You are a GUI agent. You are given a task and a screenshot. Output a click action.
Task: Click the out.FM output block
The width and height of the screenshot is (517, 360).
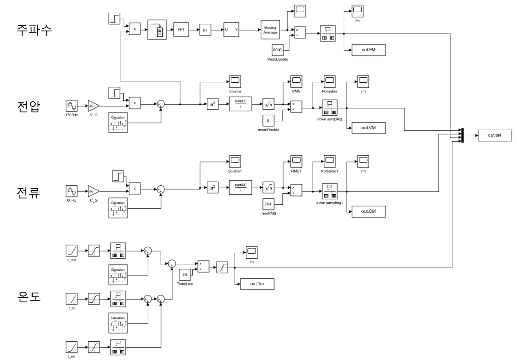[x=368, y=50]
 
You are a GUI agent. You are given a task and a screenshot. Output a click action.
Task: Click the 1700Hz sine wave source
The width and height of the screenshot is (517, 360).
[x=72, y=106]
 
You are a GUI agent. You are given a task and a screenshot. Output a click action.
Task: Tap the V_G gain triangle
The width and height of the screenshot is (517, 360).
[x=93, y=106]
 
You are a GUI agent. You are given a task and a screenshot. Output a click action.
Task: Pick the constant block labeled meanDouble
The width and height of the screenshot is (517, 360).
[x=268, y=120]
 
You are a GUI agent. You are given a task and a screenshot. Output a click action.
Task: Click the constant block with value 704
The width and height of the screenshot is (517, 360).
[x=268, y=204]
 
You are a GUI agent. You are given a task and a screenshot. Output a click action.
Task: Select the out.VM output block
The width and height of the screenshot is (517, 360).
[x=368, y=128]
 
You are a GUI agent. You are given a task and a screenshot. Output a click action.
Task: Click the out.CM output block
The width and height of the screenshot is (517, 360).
[x=368, y=211]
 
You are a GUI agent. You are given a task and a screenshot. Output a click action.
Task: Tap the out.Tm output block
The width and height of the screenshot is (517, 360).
[x=256, y=284]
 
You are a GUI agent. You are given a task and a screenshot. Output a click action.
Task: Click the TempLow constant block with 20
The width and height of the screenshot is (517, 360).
[x=185, y=274]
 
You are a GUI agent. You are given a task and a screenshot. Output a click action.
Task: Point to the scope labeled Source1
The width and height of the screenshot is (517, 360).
[x=235, y=160]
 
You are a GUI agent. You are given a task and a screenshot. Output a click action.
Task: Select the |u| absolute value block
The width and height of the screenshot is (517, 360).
[x=205, y=31]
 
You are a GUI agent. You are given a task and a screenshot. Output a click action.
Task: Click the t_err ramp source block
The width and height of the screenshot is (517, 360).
[x=72, y=348]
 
